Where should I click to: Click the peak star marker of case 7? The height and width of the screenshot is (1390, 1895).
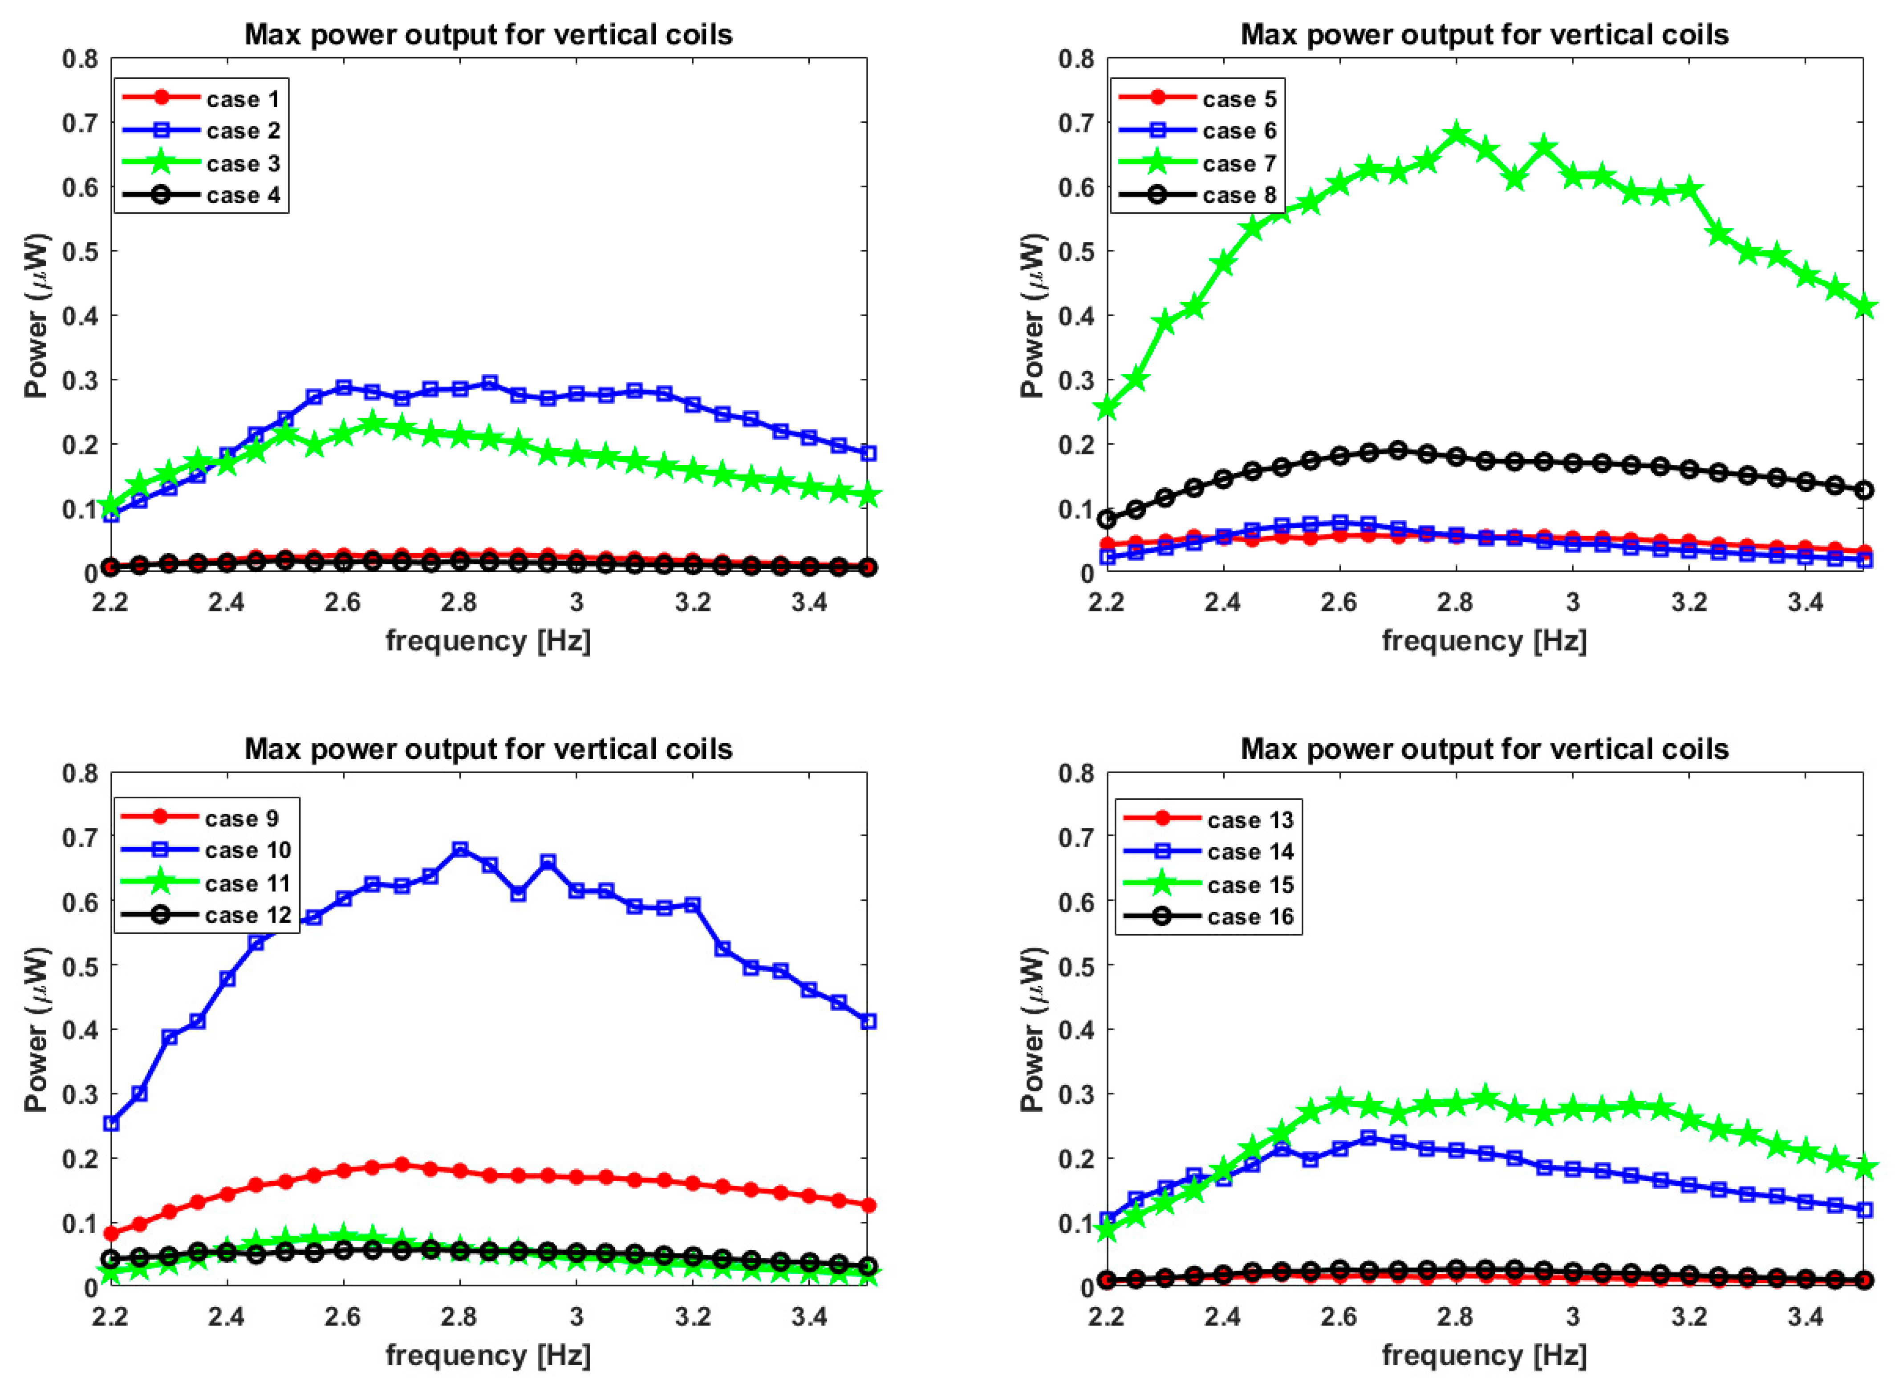pyautogui.click(x=1456, y=134)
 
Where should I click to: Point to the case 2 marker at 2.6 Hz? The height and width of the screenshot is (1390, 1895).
pyautogui.click(x=343, y=388)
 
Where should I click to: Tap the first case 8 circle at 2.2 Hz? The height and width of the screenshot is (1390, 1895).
pyautogui.click(x=1107, y=519)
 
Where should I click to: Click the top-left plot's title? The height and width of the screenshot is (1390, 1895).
pyautogui.click(x=488, y=35)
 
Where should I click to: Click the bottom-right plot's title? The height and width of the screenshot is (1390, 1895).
pyautogui.click(x=1485, y=749)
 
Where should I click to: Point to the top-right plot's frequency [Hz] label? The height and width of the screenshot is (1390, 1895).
pyautogui.click(x=1485, y=641)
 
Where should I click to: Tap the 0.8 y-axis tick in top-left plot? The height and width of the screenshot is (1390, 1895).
pyautogui.click(x=80, y=59)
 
